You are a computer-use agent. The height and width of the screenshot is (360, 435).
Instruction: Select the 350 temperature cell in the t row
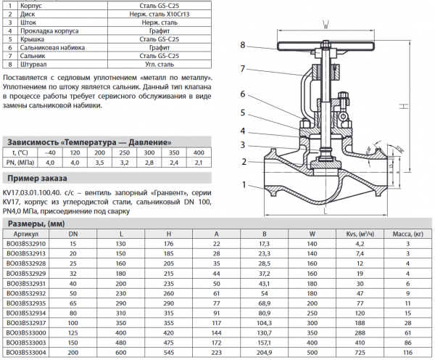[172, 153]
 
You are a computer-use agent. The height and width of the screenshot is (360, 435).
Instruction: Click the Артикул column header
[25, 234]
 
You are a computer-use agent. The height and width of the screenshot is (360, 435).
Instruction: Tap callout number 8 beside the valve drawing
[243, 44]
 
